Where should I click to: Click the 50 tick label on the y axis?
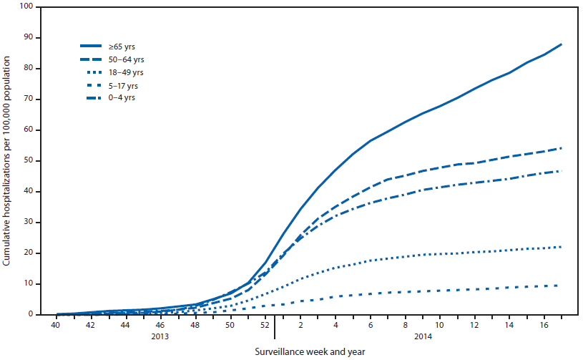point(28,161)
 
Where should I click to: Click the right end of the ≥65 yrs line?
point(562,44)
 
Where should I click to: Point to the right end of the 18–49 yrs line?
point(562,247)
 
